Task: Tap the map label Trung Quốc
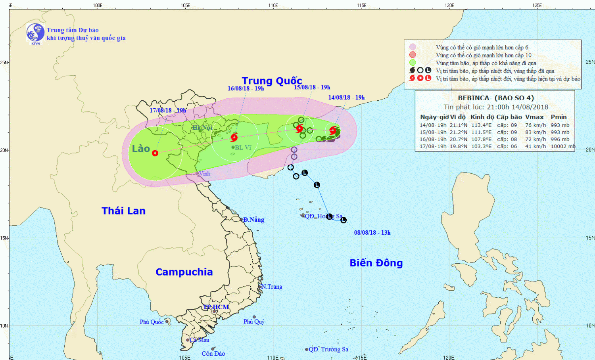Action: click(272, 81)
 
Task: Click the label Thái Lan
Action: click(123, 211)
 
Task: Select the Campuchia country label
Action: click(184, 272)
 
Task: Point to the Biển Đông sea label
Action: click(376, 263)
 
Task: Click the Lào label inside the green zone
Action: click(141, 149)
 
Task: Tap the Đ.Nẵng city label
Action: click(253, 220)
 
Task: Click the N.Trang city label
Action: click(272, 287)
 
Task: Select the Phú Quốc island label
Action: click(152, 322)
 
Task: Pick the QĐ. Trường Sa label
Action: click(328, 349)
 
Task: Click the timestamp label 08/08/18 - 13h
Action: click(372, 233)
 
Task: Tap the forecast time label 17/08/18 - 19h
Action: click(168, 111)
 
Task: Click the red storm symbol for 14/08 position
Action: click(333, 130)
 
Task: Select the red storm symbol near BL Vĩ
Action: click(234, 138)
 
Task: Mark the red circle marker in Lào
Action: click(155, 153)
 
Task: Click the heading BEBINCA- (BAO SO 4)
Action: click(496, 98)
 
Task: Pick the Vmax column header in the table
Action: click(534, 117)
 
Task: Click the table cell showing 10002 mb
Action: click(562, 146)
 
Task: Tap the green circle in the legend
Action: click(413, 63)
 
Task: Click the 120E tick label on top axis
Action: click(449, 5)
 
